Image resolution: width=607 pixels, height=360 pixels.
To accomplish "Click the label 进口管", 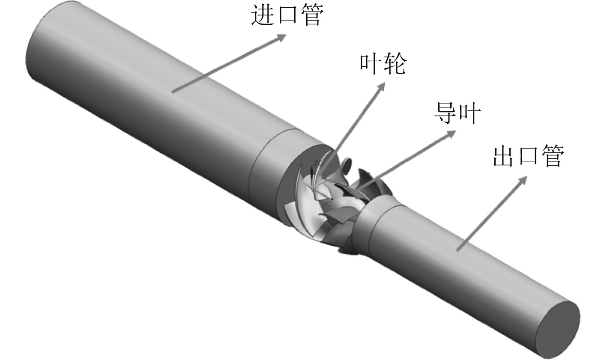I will [286, 15].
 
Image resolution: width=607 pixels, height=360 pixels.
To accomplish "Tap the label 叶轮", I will [382, 65].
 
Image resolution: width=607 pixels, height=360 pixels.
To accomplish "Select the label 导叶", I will [457, 113].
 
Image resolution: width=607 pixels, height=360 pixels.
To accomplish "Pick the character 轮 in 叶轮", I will [394, 65].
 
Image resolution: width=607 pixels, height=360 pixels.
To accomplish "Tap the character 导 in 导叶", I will [445, 113].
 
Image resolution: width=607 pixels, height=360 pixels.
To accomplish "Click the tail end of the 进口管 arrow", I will [173, 91].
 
